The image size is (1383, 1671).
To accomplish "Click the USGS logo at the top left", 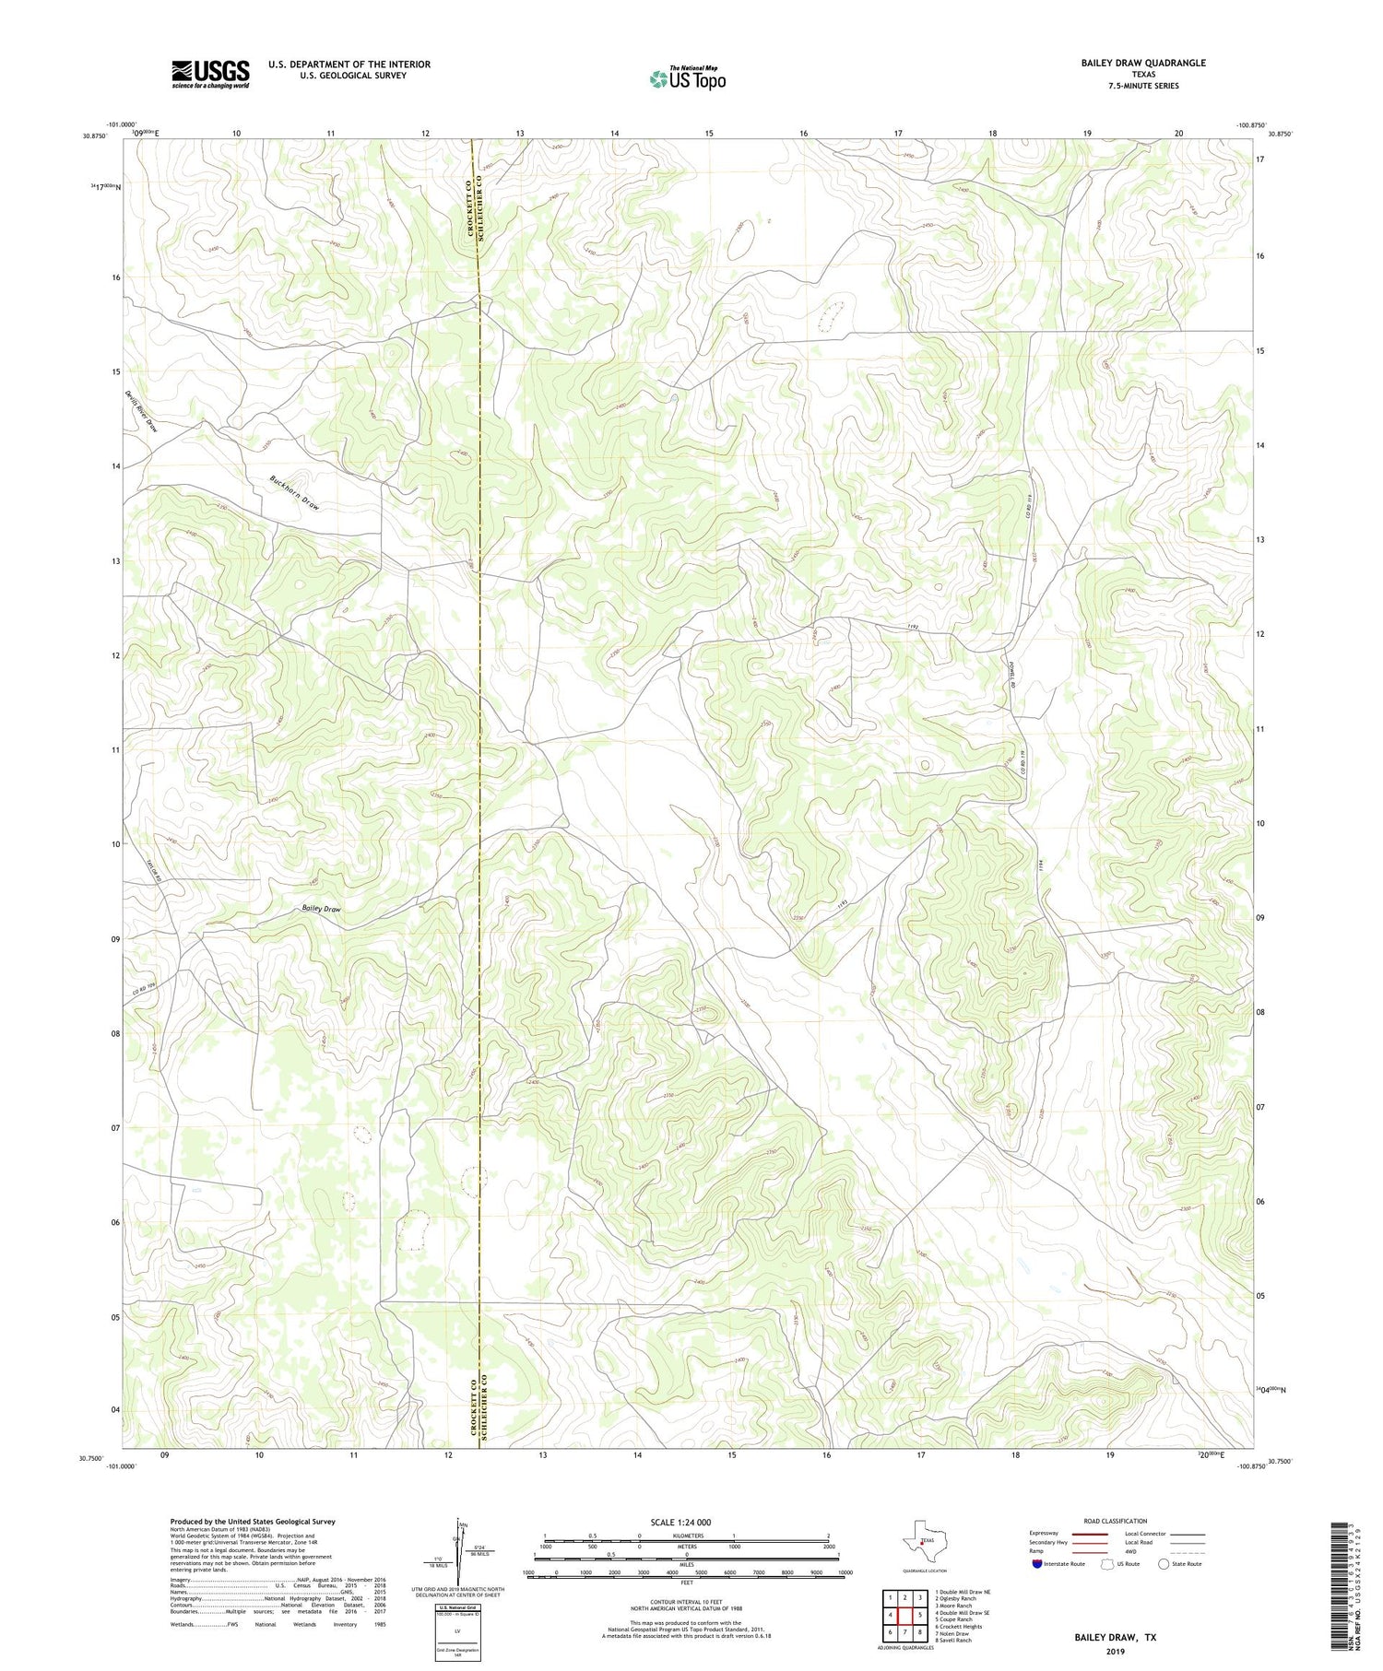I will pyautogui.click(x=210, y=74).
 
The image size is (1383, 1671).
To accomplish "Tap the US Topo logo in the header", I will pyautogui.click(x=687, y=78).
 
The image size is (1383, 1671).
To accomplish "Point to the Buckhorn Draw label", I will pyautogui.click(x=294, y=493).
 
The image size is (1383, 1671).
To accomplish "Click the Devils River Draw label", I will pyautogui.click(x=141, y=412).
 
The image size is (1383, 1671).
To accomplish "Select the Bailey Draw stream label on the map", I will pyautogui.click(x=321, y=909).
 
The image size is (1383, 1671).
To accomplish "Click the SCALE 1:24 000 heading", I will pyautogui.click(x=686, y=1522).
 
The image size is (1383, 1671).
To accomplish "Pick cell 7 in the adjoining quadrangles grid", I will pyautogui.click(x=905, y=1632).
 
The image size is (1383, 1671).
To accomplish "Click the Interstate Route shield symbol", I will pyautogui.click(x=1037, y=1564).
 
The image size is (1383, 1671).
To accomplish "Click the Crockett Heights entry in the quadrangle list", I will pyautogui.click(x=958, y=1627).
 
